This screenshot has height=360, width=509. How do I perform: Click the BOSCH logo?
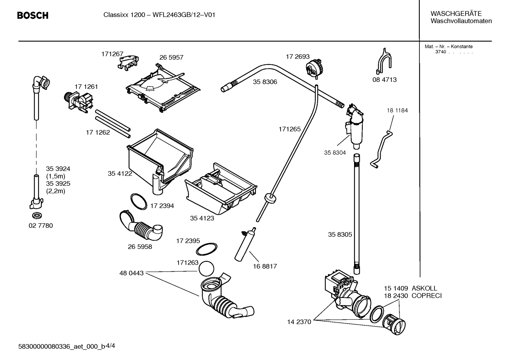(x=33, y=16)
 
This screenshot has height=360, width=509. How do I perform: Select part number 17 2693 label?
(x=298, y=57)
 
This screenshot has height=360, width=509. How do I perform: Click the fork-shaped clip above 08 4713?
(x=384, y=61)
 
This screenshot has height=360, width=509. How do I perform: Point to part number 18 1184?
(x=397, y=110)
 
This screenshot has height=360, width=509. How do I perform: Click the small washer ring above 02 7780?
(x=37, y=215)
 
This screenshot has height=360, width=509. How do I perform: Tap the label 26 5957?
(x=171, y=58)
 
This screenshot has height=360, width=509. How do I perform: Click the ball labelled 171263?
(x=206, y=268)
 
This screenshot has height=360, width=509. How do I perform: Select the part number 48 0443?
(x=131, y=273)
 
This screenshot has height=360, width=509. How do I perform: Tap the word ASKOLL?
(x=424, y=288)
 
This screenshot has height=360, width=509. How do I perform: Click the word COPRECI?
(x=426, y=296)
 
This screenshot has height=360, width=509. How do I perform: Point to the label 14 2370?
(x=299, y=322)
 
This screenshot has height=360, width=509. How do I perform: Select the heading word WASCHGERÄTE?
(x=456, y=13)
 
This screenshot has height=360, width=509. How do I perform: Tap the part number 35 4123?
(x=202, y=218)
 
